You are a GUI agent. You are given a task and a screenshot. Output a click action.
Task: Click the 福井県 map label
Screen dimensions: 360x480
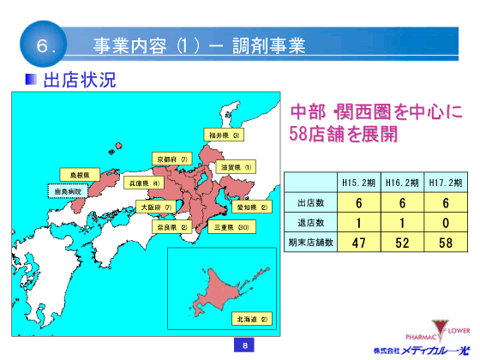click(225, 135)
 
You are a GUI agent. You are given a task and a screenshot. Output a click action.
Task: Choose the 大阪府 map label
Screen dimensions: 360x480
click(155, 207)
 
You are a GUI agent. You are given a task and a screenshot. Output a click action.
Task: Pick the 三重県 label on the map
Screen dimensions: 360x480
click(231, 228)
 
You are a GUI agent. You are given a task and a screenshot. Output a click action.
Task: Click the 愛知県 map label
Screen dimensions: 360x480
click(252, 207)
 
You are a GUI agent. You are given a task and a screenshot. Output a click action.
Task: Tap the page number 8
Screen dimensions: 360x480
click(244, 345)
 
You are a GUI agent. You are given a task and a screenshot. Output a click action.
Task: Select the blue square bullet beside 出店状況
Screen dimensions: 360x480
click(31, 80)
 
